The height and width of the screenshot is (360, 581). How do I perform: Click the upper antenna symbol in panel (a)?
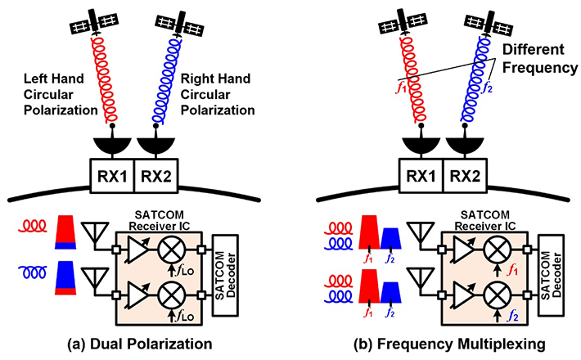coord(99,235)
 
